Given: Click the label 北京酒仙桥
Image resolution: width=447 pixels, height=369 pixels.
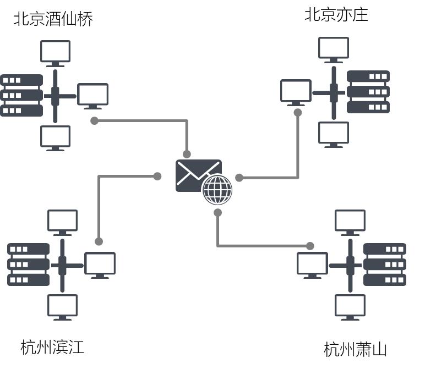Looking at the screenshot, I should pos(53,19).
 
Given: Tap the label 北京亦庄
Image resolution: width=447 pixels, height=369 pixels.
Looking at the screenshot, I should pos(336,15).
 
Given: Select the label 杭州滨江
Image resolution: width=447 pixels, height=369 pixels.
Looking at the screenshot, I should pos(52,347).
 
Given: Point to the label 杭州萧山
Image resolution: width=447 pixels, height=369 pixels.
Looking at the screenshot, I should pos(355,349).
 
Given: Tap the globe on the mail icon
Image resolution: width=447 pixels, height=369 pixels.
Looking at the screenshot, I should pos(217,190).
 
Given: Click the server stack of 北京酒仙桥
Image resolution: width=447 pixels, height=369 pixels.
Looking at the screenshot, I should pos(21,95).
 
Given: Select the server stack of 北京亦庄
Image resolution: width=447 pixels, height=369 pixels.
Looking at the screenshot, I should pos(368,92).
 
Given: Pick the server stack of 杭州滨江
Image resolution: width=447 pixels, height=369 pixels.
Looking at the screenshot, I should pos(28,264).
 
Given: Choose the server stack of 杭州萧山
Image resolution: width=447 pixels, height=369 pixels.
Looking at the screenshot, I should pos(384,264).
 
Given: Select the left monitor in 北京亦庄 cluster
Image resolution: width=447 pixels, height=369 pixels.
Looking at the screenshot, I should pos(296,92).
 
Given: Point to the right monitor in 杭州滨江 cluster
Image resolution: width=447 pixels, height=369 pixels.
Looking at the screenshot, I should pos(100,265).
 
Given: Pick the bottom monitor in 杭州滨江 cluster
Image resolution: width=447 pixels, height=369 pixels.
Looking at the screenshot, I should pos(62,307).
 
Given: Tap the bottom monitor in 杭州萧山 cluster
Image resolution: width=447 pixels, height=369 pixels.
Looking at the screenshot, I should pos(350,307).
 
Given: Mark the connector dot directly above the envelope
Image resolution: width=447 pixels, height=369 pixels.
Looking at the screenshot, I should pos(187,154).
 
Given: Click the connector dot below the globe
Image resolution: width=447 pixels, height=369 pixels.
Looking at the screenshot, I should pos(217,212).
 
